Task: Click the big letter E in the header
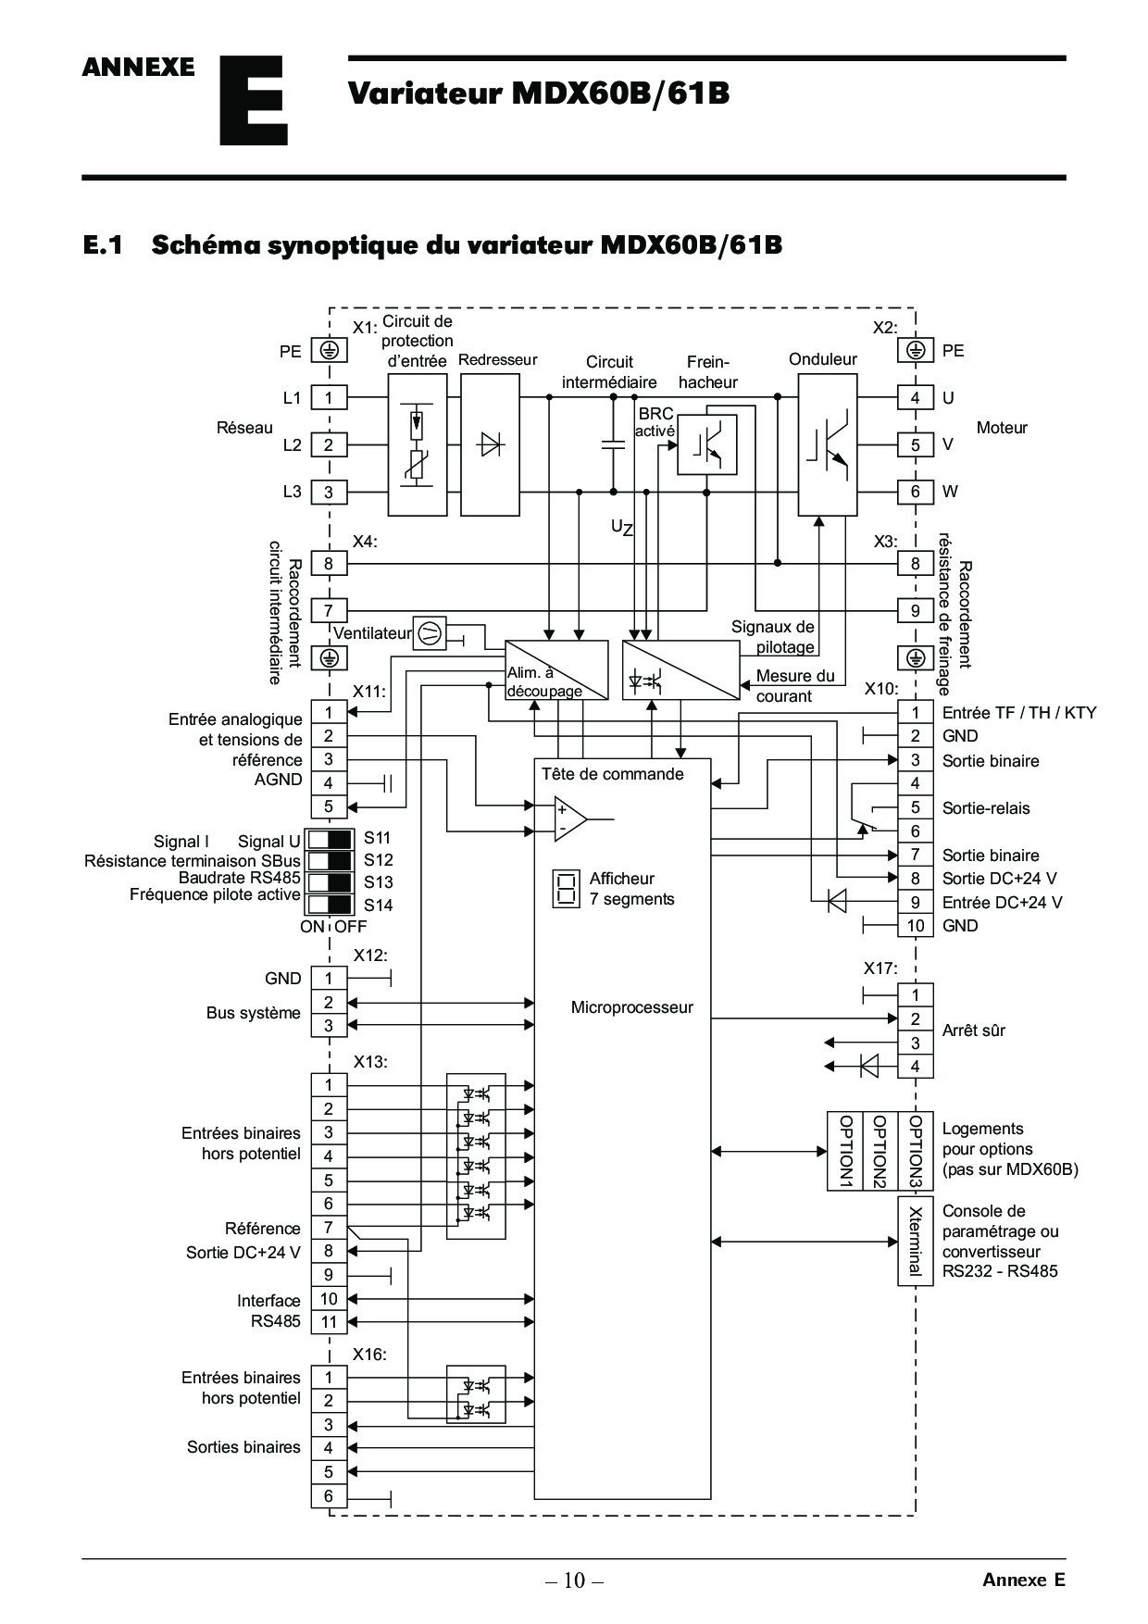pyautogui.click(x=253, y=101)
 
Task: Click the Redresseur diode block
pyautogui.click(x=490, y=444)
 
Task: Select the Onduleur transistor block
pyautogui.click(x=828, y=444)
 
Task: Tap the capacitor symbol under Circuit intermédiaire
pyautogui.click(x=612, y=443)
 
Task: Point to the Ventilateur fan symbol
pyautogui.click(x=428, y=633)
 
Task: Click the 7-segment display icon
pyautogui.click(x=566, y=888)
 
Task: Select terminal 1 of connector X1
pyautogui.click(x=329, y=398)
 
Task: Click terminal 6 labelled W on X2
pyautogui.click(x=916, y=492)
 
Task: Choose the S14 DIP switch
pyautogui.click(x=330, y=905)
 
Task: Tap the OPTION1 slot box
pyautogui.click(x=844, y=1151)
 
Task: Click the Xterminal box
pyautogui.click(x=915, y=1241)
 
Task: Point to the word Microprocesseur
pyautogui.click(x=631, y=1007)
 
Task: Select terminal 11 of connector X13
pyautogui.click(x=329, y=1322)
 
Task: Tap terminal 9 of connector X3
pyautogui.click(x=916, y=611)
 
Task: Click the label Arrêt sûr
pyautogui.click(x=973, y=1031)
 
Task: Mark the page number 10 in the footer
pyautogui.click(x=574, y=1580)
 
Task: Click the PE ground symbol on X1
pyautogui.click(x=329, y=351)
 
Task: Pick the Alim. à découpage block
pyautogui.click(x=556, y=670)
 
